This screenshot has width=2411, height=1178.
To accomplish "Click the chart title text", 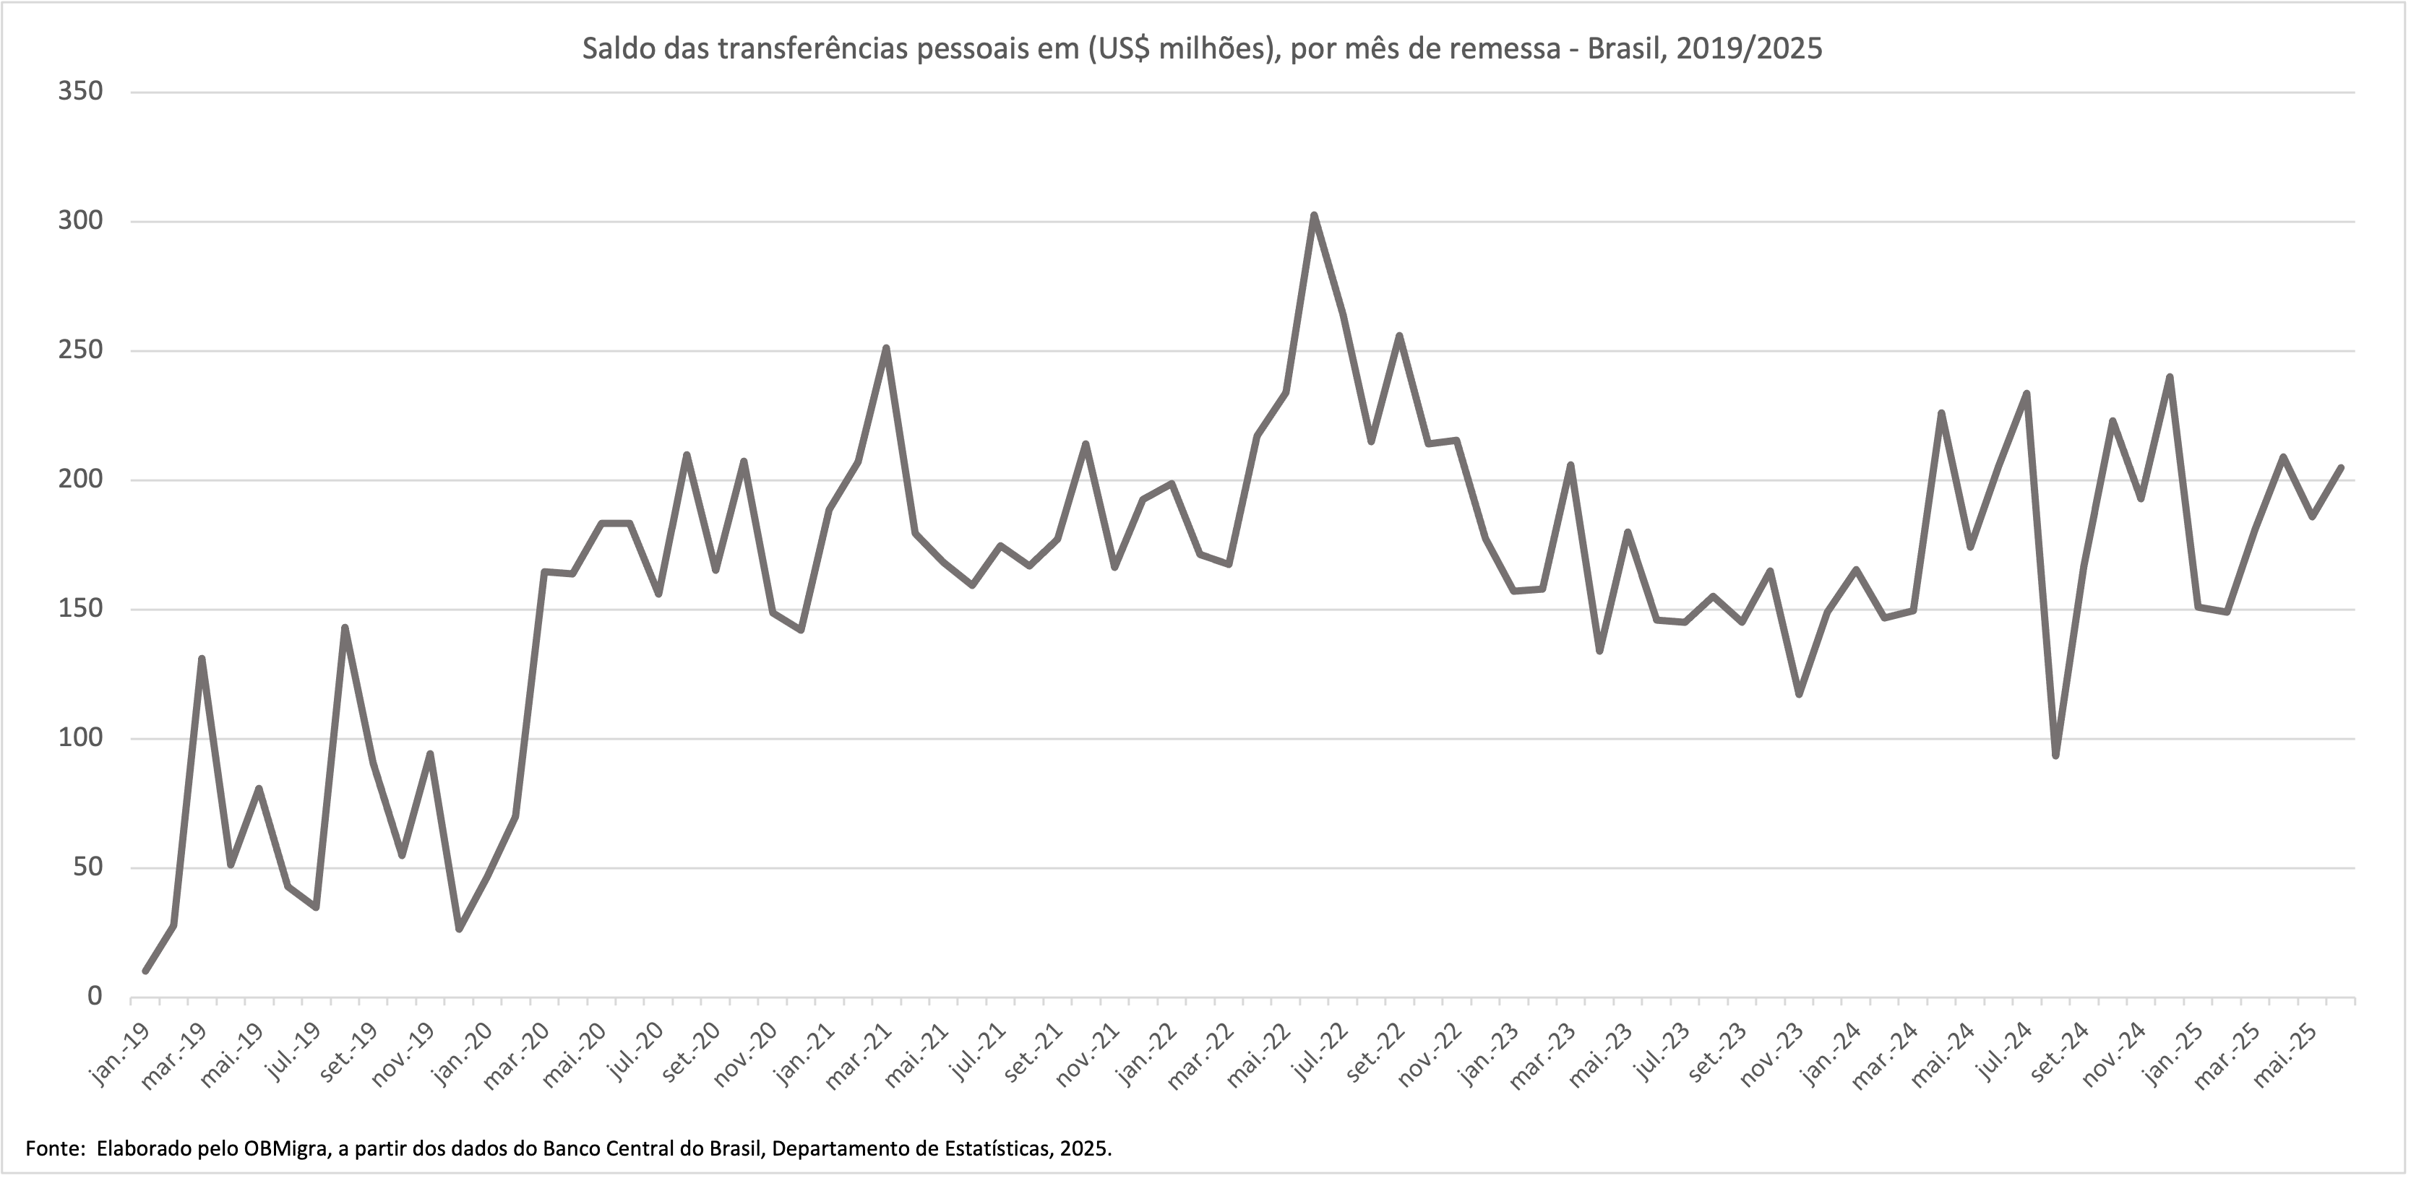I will click(1202, 48).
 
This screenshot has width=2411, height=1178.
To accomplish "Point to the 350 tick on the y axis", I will click(80, 92).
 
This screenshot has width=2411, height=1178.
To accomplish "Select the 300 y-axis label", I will click(80, 222).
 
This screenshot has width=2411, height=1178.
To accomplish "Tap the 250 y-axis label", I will click(80, 351).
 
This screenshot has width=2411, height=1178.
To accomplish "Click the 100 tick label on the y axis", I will click(80, 738).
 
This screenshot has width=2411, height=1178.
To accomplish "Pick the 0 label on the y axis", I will click(94, 997).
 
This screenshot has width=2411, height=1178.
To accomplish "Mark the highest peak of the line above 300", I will click(1314, 216).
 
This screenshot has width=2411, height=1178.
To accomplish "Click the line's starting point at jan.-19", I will click(145, 970).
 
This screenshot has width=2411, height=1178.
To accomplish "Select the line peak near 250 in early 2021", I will click(885, 349).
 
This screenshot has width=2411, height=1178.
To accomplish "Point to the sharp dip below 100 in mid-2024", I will click(2055, 754).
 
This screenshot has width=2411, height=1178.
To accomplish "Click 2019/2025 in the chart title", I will click(1749, 48).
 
